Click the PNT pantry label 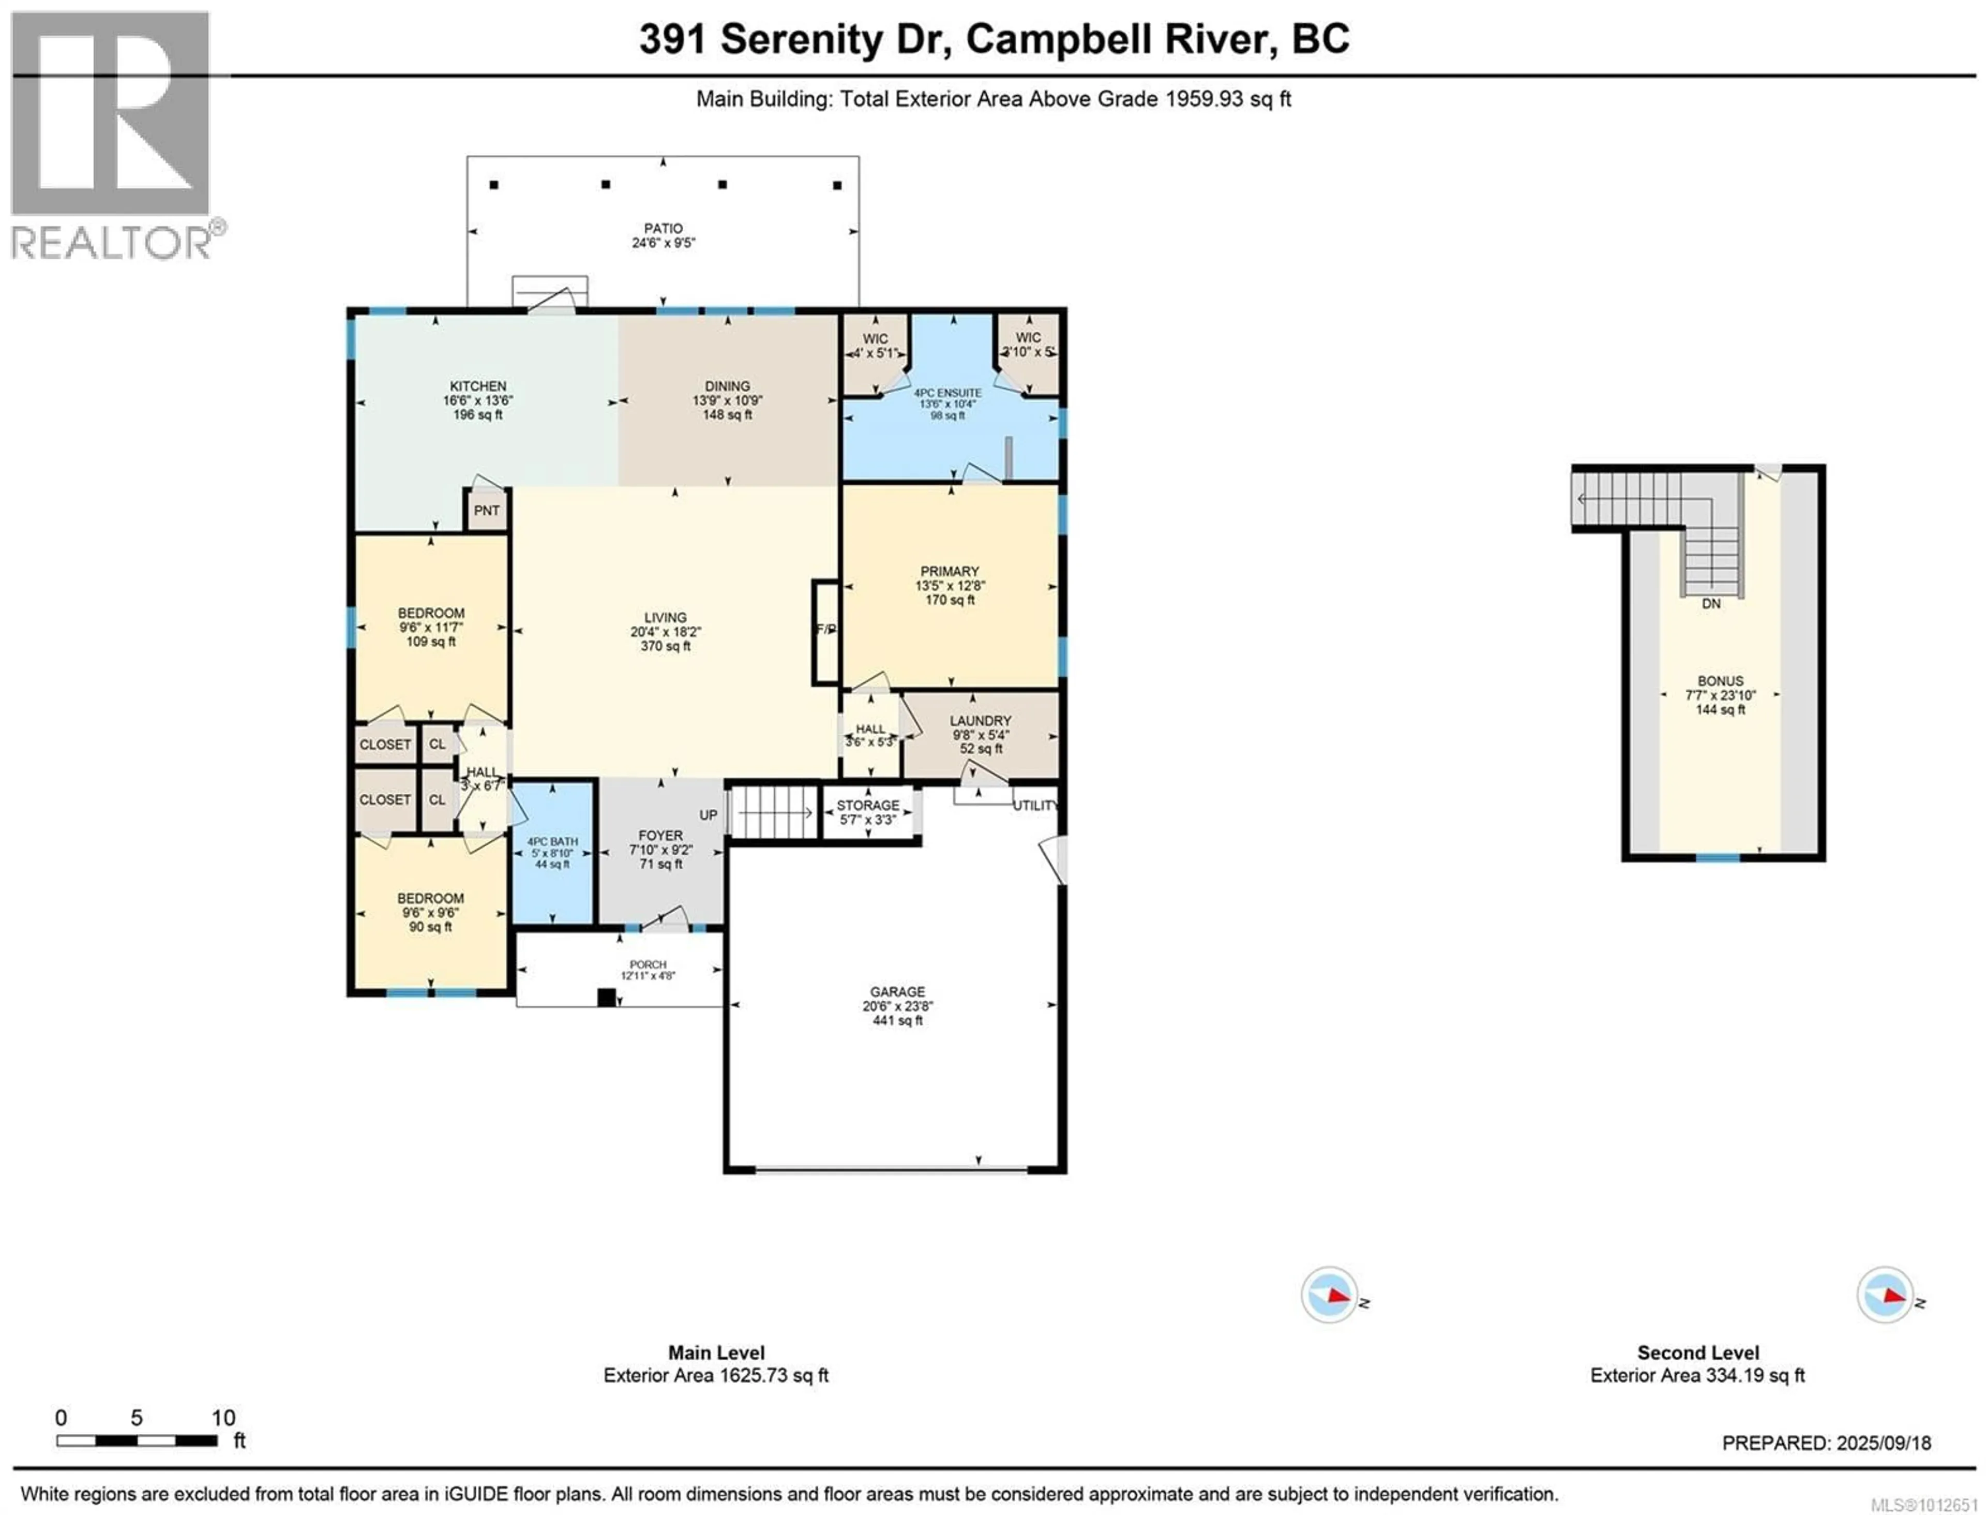tap(487, 510)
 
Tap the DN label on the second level tap(1711, 603)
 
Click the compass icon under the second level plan tap(1884, 1295)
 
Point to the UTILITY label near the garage tap(1035, 805)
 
